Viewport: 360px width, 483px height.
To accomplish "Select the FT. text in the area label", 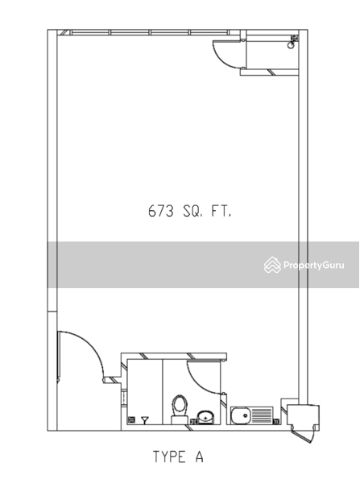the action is pos(221,211).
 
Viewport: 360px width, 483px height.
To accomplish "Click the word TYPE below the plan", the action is pos(169,456).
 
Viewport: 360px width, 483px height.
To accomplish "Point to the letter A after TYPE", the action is pos(200,456).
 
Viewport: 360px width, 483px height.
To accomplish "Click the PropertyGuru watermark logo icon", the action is pos(272,265).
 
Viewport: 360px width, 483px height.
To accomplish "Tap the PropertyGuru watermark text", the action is pos(314,265).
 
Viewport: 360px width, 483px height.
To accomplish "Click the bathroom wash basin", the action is pos(205,417).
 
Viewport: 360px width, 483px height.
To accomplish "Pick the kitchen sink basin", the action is pos(241,415).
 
